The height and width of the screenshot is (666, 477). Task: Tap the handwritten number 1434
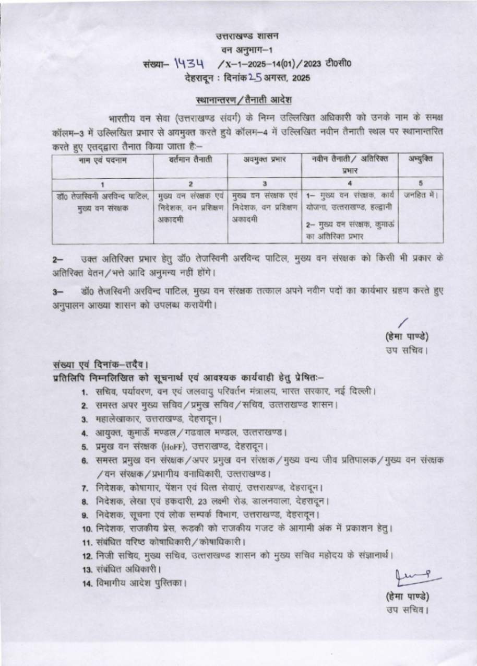pyautogui.click(x=189, y=64)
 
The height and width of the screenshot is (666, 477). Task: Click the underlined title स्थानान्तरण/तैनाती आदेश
pyautogui.click(x=243, y=99)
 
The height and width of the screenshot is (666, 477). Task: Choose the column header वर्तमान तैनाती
pyautogui.click(x=190, y=159)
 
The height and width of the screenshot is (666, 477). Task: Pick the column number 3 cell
pyautogui.click(x=265, y=183)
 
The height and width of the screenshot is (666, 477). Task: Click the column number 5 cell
pyautogui.click(x=420, y=183)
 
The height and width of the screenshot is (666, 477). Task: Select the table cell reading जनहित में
pyautogui.click(x=420, y=196)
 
